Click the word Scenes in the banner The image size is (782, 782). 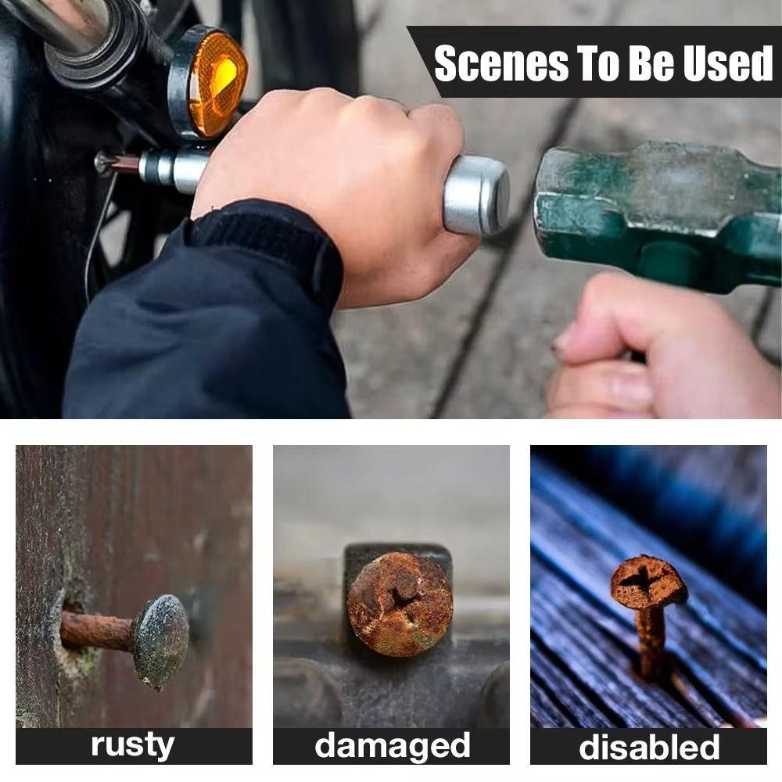(x=501, y=63)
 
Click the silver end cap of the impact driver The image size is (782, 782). (x=477, y=195)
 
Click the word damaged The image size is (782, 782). (x=392, y=746)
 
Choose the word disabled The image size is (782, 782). (x=648, y=747)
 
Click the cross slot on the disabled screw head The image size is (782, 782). (x=643, y=579)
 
